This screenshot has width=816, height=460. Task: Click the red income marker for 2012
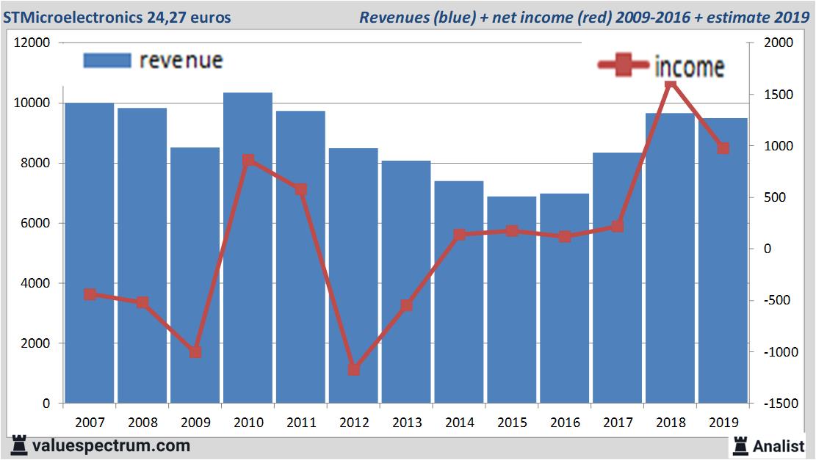point(353,369)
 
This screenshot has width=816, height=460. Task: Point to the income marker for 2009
point(195,352)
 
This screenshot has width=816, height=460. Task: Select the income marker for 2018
point(670,84)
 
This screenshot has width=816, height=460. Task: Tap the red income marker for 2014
point(459,235)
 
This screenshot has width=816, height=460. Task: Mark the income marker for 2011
point(300,189)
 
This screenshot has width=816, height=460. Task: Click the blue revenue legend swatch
point(107,60)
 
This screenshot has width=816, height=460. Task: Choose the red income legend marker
point(624,65)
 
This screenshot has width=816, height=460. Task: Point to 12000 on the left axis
point(32,43)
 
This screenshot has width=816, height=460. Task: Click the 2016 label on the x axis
point(565,423)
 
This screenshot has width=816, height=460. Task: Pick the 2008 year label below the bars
point(142,423)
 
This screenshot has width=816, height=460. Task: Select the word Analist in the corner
point(779,445)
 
